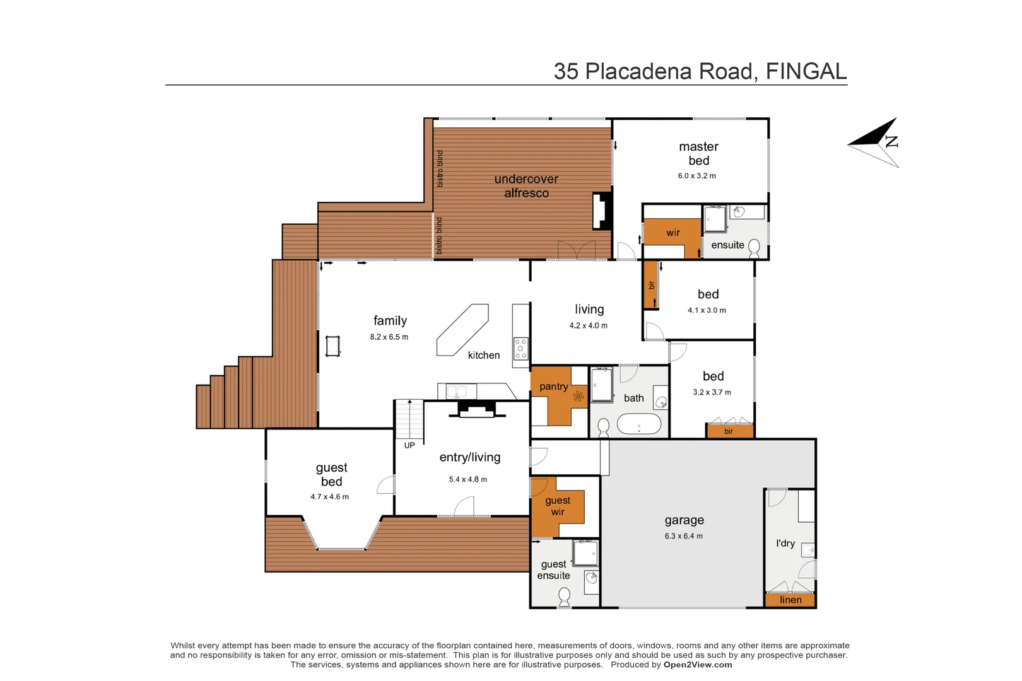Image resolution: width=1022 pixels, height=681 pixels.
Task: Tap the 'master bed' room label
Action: click(x=698, y=153)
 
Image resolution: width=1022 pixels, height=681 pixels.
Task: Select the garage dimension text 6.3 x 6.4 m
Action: click(x=683, y=536)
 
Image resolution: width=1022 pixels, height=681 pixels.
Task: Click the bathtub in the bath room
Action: click(x=638, y=424)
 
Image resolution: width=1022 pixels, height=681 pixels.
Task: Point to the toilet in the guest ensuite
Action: click(x=565, y=597)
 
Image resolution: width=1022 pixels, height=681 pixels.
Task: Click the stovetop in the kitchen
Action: click(x=520, y=349)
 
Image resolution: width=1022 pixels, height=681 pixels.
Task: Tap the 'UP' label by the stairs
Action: click(x=409, y=445)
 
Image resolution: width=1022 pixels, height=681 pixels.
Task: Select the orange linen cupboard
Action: click(x=790, y=600)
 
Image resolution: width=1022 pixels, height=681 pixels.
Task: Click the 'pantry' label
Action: click(x=553, y=387)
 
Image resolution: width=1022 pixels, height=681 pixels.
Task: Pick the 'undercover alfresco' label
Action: click(x=526, y=185)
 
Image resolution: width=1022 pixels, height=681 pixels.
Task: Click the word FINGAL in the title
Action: click(x=806, y=71)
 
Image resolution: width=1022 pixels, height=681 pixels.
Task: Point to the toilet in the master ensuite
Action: click(x=754, y=248)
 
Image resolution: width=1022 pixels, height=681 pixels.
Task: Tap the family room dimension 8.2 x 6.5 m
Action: click(x=389, y=337)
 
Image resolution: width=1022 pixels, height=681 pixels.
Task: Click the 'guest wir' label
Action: click(x=558, y=506)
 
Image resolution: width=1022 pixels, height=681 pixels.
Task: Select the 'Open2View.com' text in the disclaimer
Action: click(x=698, y=665)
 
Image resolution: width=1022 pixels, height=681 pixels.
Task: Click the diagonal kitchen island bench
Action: click(x=462, y=330)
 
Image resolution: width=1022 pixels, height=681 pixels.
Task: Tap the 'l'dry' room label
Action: click(x=785, y=543)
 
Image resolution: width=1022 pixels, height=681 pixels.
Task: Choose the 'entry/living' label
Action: click(x=469, y=457)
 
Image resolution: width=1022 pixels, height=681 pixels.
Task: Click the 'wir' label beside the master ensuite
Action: click(x=673, y=233)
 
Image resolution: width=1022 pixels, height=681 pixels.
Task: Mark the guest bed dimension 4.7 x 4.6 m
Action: click(x=329, y=497)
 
